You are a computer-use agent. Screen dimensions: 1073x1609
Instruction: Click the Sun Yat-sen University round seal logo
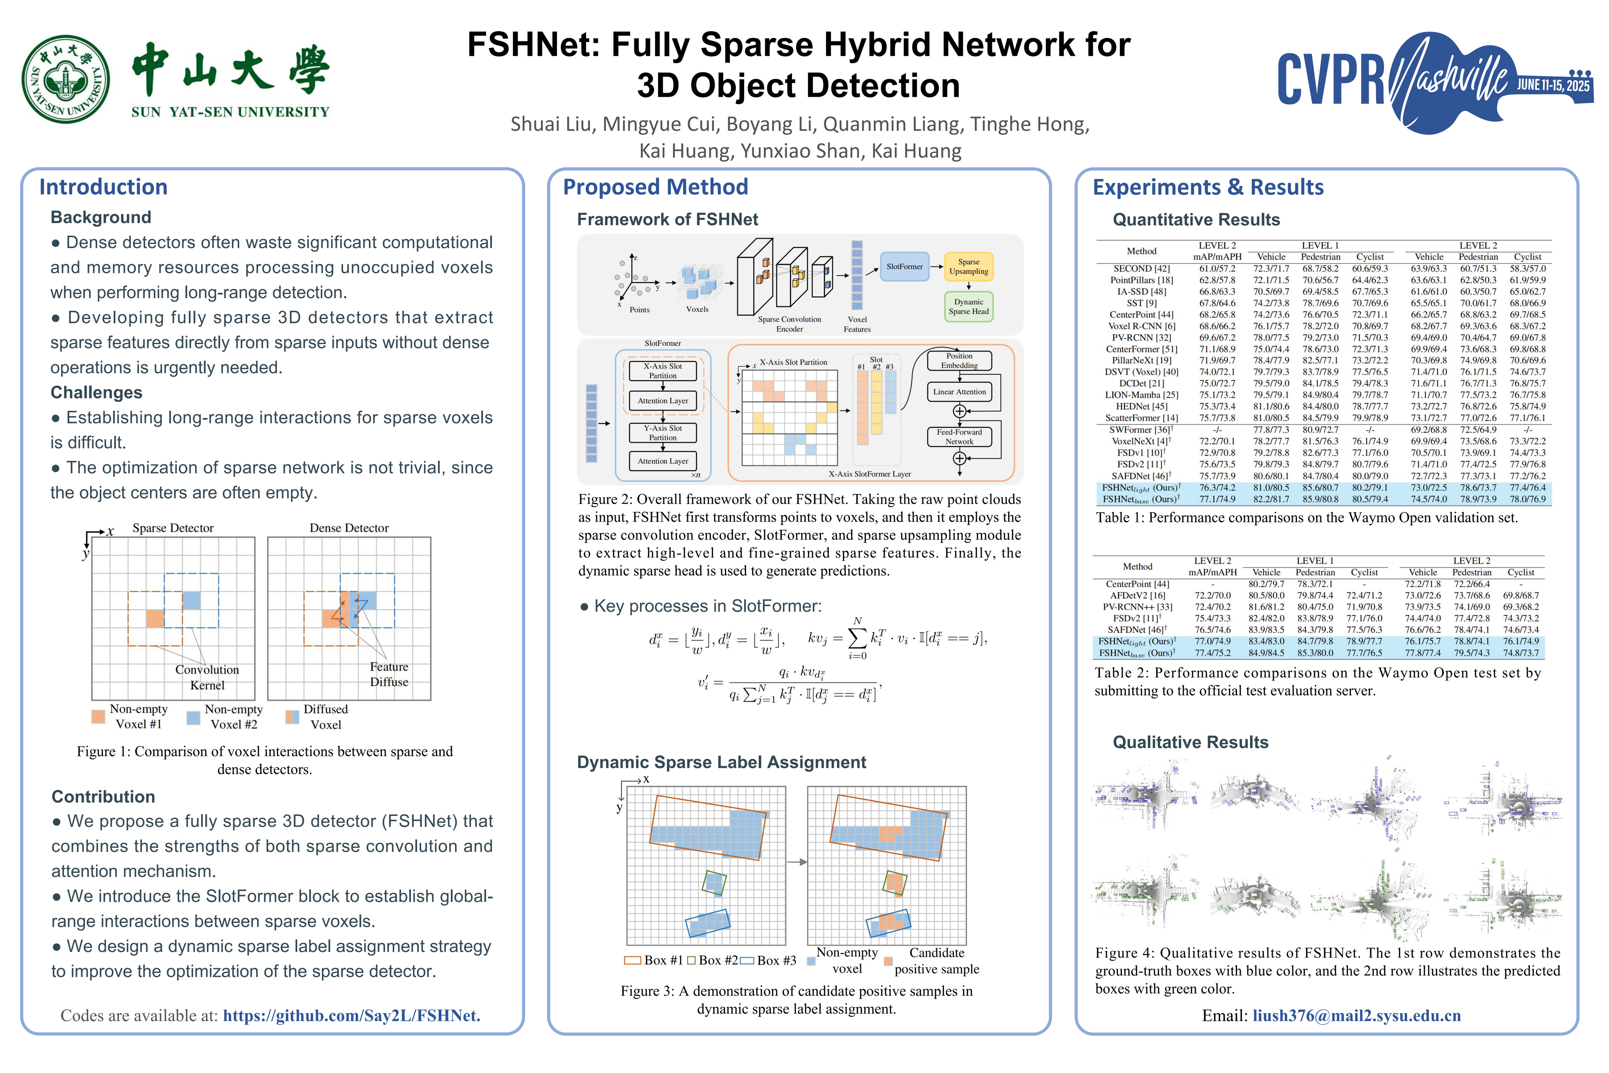(x=66, y=79)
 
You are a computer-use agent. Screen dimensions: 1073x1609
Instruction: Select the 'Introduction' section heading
(x=103, y=187)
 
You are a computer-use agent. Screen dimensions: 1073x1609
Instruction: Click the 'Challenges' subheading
(x=96, y=392)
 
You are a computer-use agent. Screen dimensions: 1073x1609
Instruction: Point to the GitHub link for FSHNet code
(x=352, y=1016)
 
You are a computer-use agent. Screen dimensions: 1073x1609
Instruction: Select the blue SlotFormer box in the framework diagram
(x=904, y=266)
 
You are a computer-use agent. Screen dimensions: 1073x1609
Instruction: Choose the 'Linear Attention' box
(x=959, y=392)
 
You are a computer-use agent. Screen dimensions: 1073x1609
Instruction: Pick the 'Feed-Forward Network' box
(x=959, y=437)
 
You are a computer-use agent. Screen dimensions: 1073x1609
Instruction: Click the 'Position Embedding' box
(x=959, y=361)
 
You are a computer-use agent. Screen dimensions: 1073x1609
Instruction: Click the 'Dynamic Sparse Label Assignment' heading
(x=721, y=762)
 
